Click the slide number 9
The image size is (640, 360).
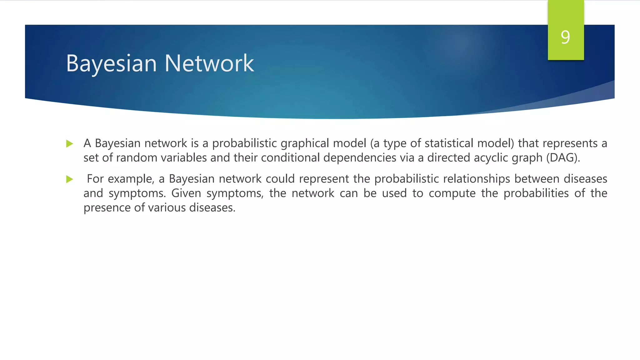tap(565, 37)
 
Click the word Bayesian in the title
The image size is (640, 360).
tap(111, 63)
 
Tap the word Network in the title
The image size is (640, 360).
tap(209, 63)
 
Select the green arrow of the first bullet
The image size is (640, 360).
tap(70, 144)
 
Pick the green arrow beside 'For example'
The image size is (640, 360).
tap(70, 179)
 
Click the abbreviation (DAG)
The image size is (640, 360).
tap(563, 158)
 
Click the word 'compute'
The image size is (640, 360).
tap(452, 193)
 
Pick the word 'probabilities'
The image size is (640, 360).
tap(536, 193)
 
